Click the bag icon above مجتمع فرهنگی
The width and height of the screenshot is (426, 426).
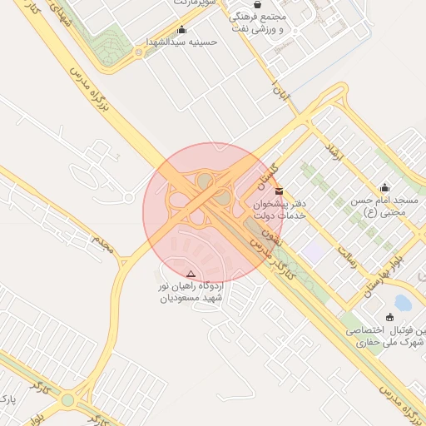point(257,4)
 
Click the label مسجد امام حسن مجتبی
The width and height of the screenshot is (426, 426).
point(392,206)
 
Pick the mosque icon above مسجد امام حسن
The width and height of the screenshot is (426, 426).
point(384,187)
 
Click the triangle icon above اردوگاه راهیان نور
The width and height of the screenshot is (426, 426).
point(191,274)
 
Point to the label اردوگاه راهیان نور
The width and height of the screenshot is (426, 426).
point(192,291)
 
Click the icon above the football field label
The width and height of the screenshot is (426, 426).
point(390,316)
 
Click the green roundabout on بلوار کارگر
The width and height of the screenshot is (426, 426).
point(67,401)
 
